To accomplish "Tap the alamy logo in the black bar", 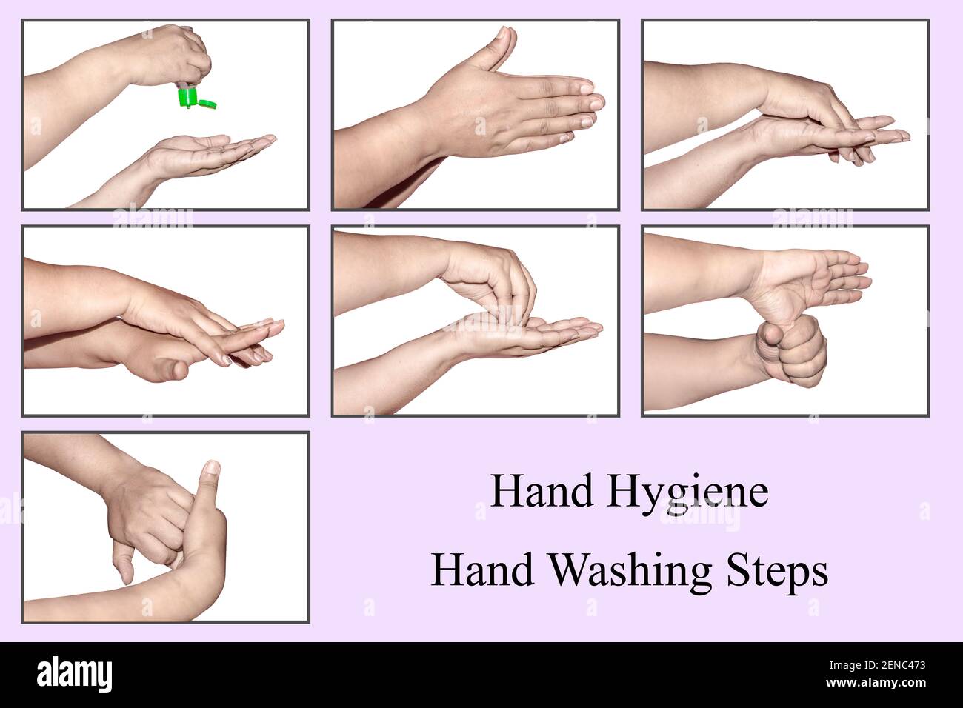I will pyautogui.click(x=75, y=675).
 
